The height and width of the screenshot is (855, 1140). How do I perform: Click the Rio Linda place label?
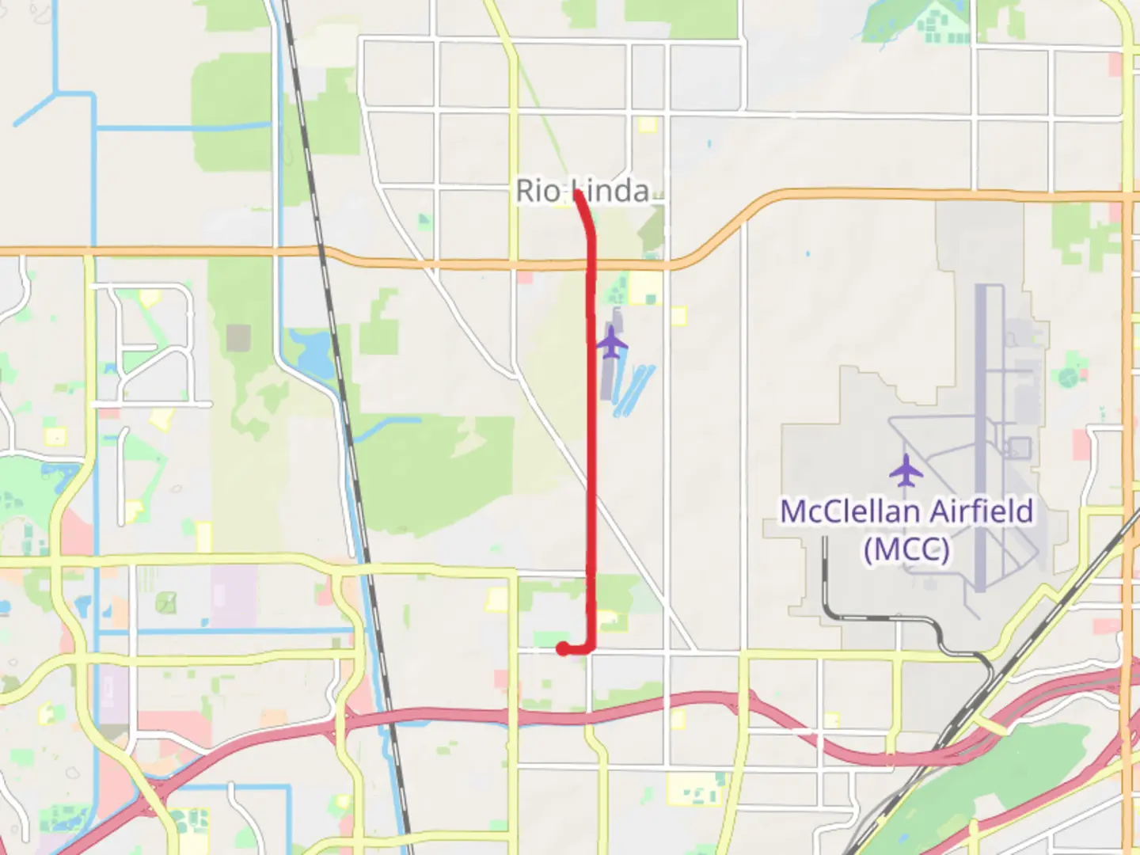point(582,191)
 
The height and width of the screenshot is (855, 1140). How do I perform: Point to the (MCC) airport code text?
point(906,549)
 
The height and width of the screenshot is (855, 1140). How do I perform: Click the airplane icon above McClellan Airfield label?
point(906,471)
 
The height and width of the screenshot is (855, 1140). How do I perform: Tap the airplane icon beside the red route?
point(611,343)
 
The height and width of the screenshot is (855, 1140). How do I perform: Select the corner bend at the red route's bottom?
point(591,648)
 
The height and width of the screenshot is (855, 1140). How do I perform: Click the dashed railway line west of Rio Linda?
point(332,317)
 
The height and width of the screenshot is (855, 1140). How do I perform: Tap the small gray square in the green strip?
point(238,337)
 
